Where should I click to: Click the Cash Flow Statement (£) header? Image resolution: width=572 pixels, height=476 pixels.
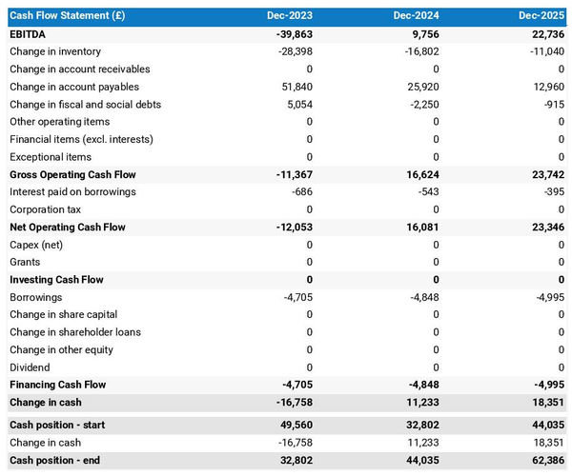pyautogui.click(x=67, y=16)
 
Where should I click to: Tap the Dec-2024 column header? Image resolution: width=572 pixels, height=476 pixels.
pyautogui.click(x=416, y=16)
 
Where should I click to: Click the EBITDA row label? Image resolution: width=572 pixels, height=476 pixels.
pyautogui.click(x=30, y=34)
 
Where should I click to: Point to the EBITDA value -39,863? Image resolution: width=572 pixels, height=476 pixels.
pyautogui.click(x=291, y=34)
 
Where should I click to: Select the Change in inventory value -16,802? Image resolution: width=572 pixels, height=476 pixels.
pyautogui.click(x=418, y=51)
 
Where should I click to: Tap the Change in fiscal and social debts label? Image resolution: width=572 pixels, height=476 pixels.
pyautogui.click(x=86, y=104)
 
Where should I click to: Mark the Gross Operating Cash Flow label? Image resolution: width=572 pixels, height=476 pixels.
pyautogui.click(x=72, y=174)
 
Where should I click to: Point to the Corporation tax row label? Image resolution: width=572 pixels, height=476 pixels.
pyautogui.click(x=45, y=209)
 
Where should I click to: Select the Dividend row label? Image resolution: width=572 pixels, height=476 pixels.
pyautogui.click(x=31, y=367)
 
